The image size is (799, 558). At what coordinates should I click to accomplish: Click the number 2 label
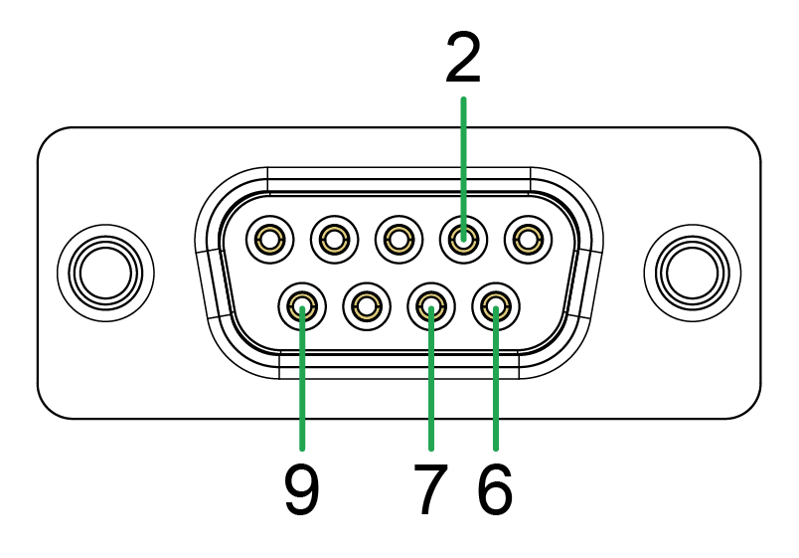click(x=463, y=60)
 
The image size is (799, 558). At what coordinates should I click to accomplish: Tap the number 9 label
click(x=302, y=490)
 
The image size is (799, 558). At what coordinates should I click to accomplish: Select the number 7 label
click(x=428, y=490)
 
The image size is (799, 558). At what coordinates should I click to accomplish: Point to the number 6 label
click(x=495, y=490)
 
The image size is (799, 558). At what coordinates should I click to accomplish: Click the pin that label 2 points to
click(x=462, y=239)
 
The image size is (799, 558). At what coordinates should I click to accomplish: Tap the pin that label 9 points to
click(x=302, y=306)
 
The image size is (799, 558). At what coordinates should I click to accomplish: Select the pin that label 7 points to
click(x=430, y=306)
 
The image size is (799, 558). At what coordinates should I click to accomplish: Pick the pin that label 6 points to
click(x=495, y=306)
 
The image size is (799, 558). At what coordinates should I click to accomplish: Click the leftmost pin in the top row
click(x=270, y=239)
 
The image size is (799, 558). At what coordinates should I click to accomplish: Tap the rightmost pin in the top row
click(x=527, y=239)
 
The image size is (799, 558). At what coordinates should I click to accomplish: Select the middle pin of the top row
click(x=399, y=239)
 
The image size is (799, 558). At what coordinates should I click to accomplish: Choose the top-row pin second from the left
click(x=334, y=239)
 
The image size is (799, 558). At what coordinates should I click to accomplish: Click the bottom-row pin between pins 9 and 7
click(x=366, y=306)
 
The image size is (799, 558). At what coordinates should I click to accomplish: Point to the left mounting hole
click(x=105, y=273)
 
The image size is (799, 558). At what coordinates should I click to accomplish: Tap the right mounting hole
click(x=692, y=273)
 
